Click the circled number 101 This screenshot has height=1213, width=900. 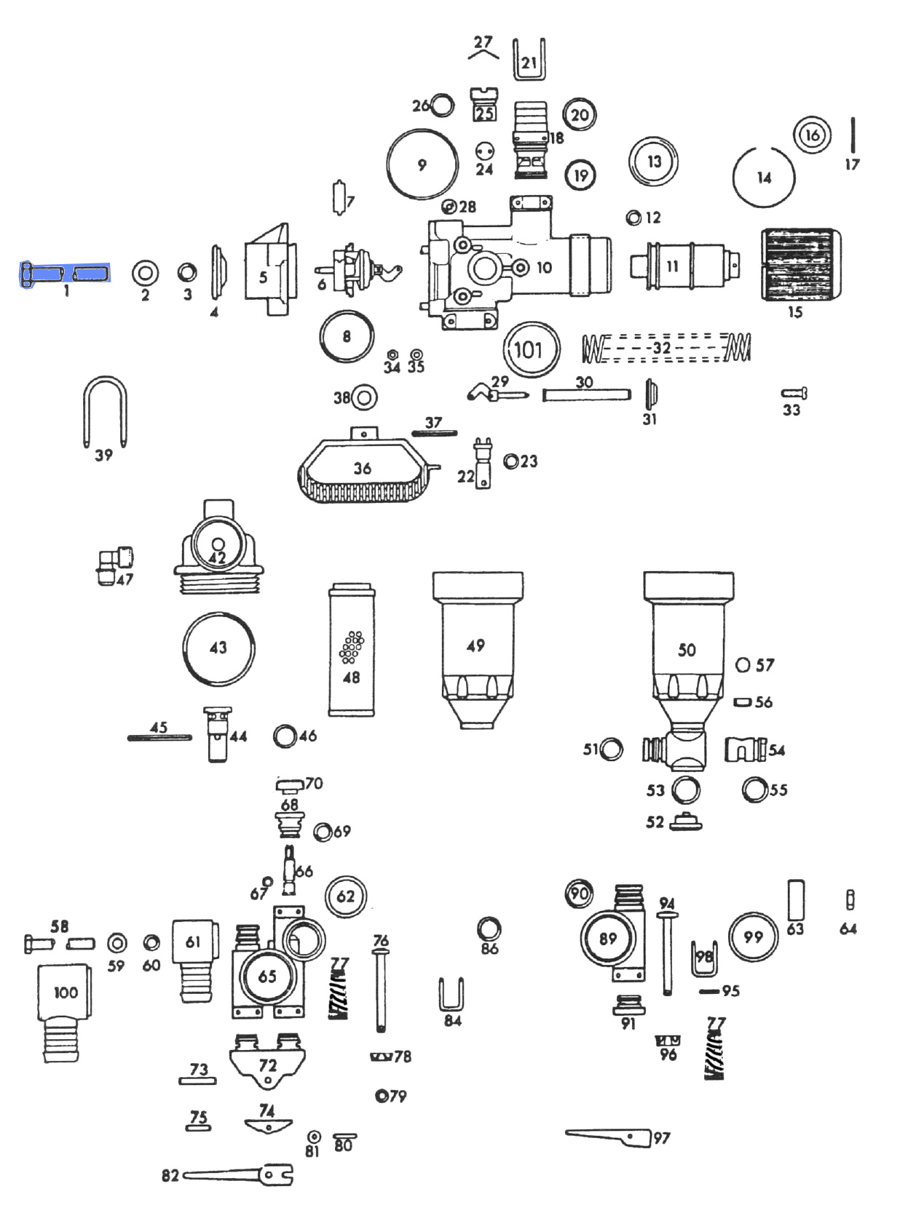tap(529, 349)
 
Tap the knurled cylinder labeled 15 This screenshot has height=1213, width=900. tap(799, 265)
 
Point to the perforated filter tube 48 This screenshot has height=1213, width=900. tap(352, 649)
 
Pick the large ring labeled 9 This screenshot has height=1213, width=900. tap(422, 164)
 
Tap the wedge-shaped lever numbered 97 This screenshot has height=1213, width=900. tap(609, 1136)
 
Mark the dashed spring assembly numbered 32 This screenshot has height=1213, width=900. tap(666, 348)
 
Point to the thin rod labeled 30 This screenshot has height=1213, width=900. tap(586, 395)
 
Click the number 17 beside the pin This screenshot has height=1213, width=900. tap(852, 165)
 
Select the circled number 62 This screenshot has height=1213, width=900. tap(346, 896)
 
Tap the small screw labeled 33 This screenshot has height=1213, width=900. tap(794, 394)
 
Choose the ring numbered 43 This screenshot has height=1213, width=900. tap(218, 648)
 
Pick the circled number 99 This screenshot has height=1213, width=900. tap(753, 937)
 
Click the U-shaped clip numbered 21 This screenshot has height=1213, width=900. tap(529, 60)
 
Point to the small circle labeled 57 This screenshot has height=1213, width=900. tap(743, 664)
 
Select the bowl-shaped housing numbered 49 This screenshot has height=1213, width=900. tap(477, 648)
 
